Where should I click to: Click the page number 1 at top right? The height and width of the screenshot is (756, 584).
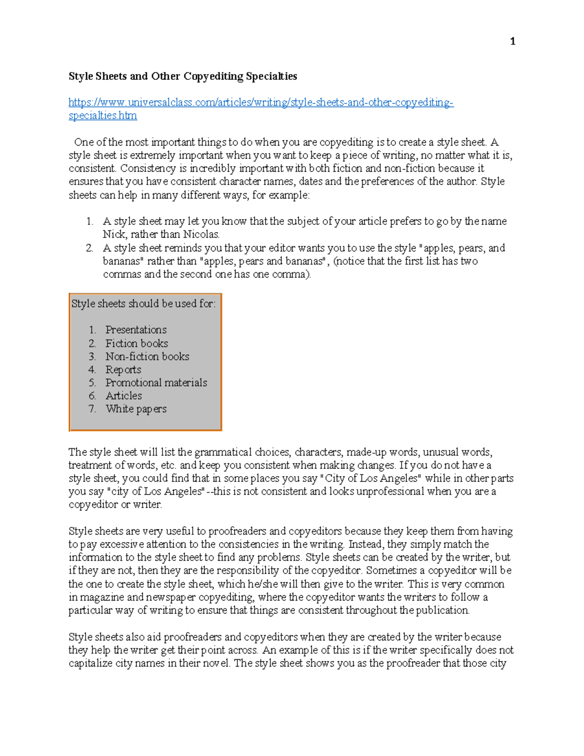pos(512,41)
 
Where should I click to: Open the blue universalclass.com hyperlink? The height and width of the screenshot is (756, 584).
pos(261,103)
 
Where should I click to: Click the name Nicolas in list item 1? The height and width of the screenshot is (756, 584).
pos(201,234)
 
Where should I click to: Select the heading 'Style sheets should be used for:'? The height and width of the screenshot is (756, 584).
pos(143,304)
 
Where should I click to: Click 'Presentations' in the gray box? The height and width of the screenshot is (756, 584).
pos(136,330)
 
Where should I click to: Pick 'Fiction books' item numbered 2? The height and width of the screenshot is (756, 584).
pos(137,343)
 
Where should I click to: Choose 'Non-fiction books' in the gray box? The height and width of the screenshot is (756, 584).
pos(147,356)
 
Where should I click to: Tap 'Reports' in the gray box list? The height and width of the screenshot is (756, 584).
pos(123,369)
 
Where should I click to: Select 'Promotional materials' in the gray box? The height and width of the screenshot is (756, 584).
pos(156,383)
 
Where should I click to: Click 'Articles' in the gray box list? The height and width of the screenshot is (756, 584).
pos(124,396)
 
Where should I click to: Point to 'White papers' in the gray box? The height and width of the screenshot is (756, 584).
pos(136,409)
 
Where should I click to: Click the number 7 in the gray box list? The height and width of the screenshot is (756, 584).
pos(92,409)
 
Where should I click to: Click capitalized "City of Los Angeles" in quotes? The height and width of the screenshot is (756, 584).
pos(371,478)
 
